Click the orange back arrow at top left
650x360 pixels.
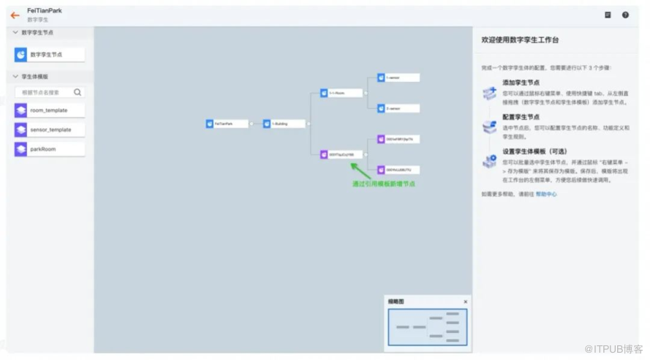click(x=15, y=15)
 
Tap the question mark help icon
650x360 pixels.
click(x=625, y=15)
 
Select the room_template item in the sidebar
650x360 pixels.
click(x=49, y=110)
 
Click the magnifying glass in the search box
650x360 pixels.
click(x=78, y=92)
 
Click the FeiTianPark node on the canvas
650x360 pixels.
click(x=227, y=124)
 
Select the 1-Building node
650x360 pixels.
click(x=284, y=124)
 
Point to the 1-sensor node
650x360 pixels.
click(x=398, y=78)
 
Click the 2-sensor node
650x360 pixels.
click(x=398, y=108)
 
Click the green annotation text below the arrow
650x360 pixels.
click(x=383, y=184)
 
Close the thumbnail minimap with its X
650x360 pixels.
click(x=466, y=301)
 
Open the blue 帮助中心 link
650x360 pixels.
click(x=546, y=194)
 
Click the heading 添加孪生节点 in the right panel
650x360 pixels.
click(x=521, y=83)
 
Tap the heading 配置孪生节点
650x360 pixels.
click(x=521, y=117)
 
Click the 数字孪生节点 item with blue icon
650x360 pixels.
click(x=49, y=54)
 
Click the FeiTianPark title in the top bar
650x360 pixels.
click(x=45, y=11)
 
